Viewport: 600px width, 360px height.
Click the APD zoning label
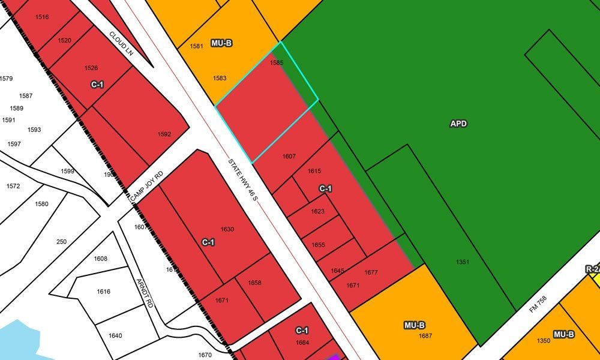[x=458, y=124]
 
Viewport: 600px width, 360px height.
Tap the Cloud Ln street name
[x=121, y=44]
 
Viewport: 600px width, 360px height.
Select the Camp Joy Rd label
[x=147, y=187]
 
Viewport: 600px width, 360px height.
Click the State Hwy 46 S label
[x=242, y=179]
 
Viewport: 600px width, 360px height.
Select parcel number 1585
[x=277, y=62]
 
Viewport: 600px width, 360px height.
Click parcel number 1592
[x=164, y=134]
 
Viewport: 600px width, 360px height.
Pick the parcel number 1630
[x=227, y=229]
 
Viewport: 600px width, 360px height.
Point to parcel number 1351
[x=463, y=262]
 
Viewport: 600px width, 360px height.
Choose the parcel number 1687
[x=425, y=336]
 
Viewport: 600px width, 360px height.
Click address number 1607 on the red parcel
[x=289, y=157]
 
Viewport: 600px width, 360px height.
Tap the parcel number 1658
[x=254, y=283]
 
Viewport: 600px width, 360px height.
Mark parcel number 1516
[x=42, y=17]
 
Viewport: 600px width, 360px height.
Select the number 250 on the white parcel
[x=61, y=242]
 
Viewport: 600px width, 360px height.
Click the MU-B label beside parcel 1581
[x=221, y=44]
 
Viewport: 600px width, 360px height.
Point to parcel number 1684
[x=302, y=343]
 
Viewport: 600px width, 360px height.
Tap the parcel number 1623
[x=318, y=211]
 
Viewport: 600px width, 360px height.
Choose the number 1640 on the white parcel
[x=115, y=335]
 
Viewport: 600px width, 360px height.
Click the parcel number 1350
[x=544, y=341]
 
